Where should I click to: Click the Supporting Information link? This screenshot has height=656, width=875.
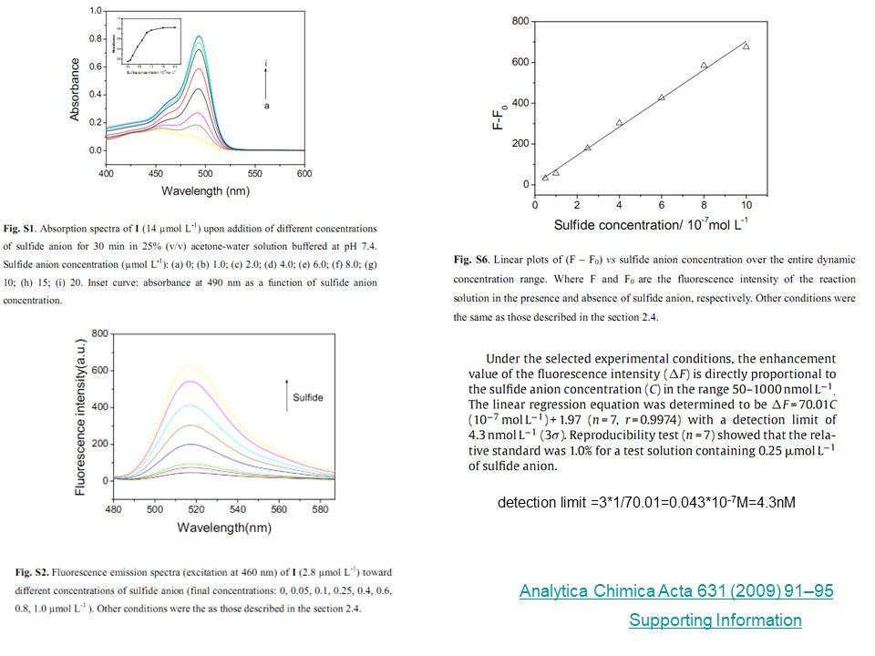[715, 620]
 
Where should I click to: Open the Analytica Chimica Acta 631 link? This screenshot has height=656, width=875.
[675, 592]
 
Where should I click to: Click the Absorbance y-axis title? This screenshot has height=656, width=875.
[74, 90]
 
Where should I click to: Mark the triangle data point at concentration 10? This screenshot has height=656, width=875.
[746, 46]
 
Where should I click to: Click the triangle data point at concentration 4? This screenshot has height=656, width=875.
[619, 122]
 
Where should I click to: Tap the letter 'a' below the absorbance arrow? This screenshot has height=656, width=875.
[265, 106]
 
